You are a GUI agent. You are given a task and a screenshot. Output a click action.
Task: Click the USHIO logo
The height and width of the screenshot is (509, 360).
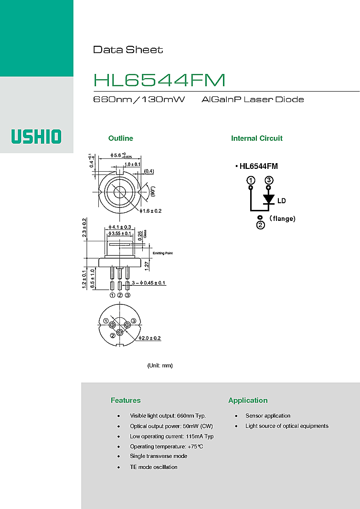click(x=36, y=137)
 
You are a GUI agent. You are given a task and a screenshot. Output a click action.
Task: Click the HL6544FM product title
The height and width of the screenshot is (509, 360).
click(x=159, y=80)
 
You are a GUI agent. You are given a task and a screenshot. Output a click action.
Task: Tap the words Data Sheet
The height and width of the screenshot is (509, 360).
click(x=127, y=50)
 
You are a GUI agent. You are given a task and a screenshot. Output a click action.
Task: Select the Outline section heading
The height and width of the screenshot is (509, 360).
click(x=120, y=138)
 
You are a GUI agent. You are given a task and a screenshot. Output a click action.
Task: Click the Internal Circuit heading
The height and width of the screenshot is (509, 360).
click(x=256, y=138)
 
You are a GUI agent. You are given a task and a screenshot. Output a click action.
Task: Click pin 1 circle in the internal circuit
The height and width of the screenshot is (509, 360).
click(x=250, y=180)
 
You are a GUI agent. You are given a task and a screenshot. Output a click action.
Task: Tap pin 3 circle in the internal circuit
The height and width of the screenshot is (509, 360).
click(x=269, y=180)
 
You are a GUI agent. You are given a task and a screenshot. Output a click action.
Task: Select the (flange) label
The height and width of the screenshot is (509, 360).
click(x=282, y=218)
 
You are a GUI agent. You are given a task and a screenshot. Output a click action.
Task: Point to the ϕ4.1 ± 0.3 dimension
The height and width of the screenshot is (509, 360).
click(x=119, y=227)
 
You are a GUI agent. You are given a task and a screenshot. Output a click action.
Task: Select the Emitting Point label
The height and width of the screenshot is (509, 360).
click(x=162, y=253)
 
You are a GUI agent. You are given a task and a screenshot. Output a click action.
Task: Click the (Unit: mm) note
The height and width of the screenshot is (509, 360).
click(x=160, y=365)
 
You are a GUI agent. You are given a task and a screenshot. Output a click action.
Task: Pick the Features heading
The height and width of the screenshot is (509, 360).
click(x=126, y=400)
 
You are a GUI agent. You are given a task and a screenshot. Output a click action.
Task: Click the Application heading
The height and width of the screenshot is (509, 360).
click(x=248, y=400)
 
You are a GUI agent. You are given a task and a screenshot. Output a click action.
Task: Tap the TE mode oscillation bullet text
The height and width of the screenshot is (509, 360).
click(x=153, y=467)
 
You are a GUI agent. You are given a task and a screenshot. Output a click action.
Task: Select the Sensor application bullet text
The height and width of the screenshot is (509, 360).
click(x=267, y=416)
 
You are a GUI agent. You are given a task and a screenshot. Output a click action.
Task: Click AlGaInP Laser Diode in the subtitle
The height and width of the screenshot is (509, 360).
click(x=253, y=100)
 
